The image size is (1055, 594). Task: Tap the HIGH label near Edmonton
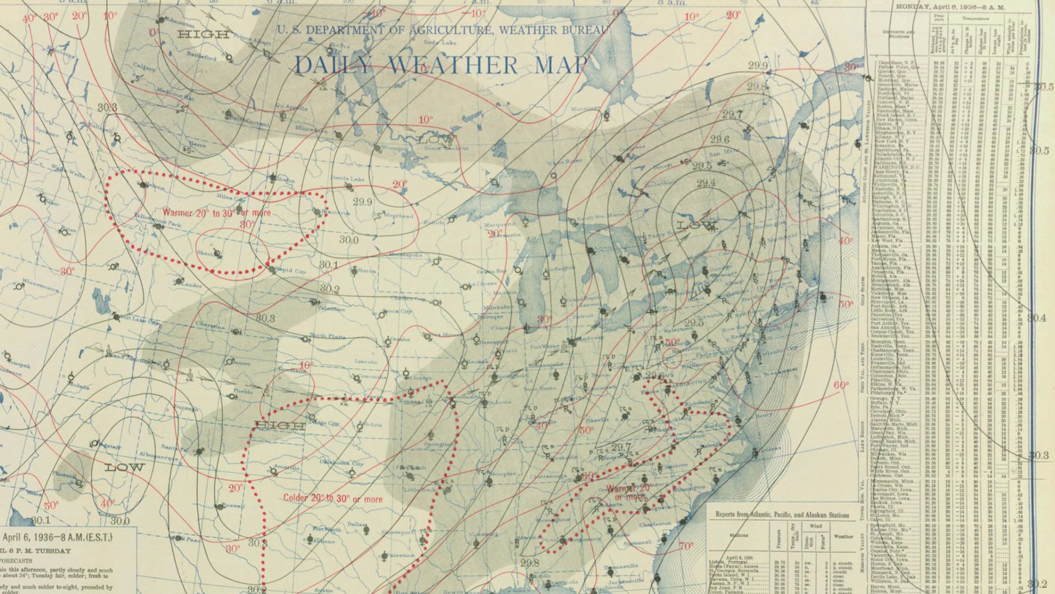(203, 35)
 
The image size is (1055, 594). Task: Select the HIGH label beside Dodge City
(280, 426)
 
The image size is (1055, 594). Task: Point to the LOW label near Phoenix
(125, 468)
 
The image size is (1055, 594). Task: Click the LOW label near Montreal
(697, 226)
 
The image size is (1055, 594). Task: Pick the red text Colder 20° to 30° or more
(333, 499)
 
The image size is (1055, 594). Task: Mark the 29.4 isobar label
(706, 183)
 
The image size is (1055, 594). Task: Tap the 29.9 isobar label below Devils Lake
(363, 202)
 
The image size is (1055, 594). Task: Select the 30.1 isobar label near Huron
(329, 265)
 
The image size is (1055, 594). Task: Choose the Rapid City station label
(291, 271)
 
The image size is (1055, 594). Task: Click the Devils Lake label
(348, 179)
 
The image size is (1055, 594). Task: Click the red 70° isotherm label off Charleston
(686, 546)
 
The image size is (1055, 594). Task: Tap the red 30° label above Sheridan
(247, 224)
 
